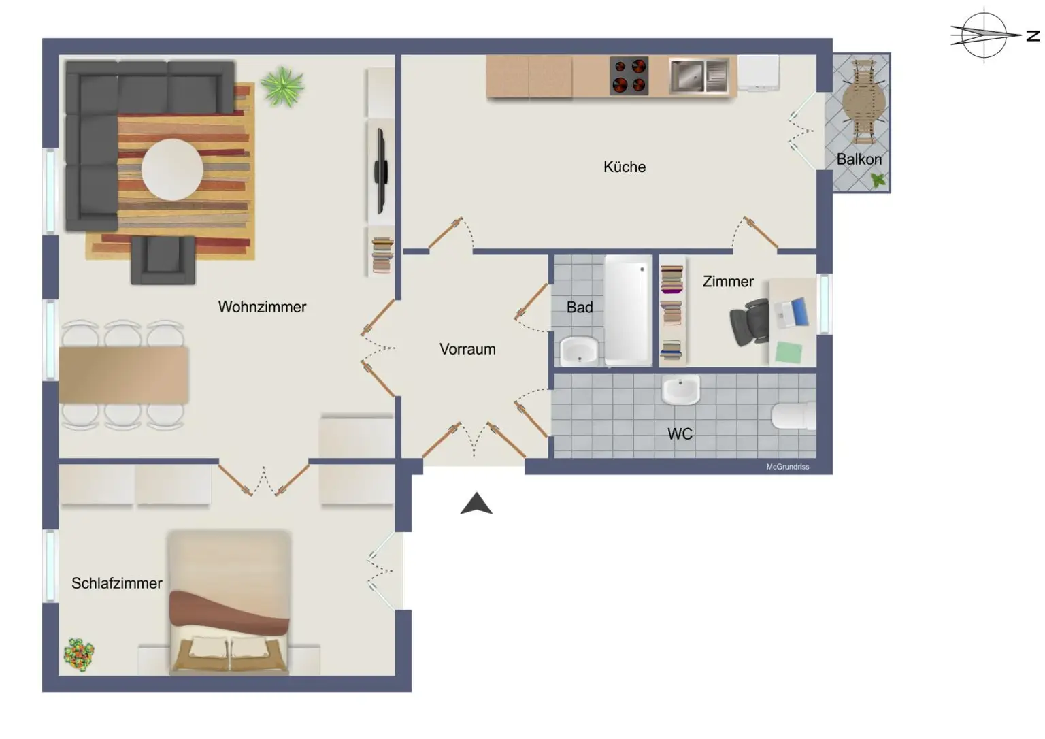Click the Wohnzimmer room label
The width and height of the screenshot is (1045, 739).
tap(262, 307)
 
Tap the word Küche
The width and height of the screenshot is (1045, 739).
tap(624, 167)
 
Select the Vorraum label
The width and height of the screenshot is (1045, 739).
tap(467, 349)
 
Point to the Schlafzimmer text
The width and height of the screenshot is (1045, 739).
tap(116, 583)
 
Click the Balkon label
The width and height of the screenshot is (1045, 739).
tap(859, 159)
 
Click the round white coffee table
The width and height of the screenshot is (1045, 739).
tap(172, 169)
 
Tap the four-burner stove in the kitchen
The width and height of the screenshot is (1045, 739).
tap(629, 76)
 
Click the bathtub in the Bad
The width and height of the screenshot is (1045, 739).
tap(627, 310)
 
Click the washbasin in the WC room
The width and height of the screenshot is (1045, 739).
tap(680, 391)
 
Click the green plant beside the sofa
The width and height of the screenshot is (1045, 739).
tap(282, 86)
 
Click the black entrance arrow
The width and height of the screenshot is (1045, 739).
tap(476, 504)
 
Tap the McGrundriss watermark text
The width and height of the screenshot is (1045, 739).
tap(787, 467)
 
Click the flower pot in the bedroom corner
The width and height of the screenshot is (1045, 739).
tap(79, 655)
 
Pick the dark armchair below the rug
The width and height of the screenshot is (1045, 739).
tap(163, 260)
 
